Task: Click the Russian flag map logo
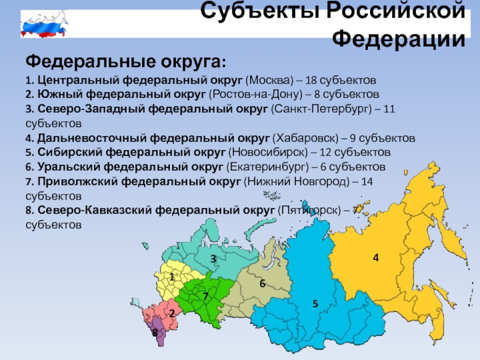point(44,24)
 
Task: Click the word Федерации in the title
point(398,39)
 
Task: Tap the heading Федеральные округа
point(126,62)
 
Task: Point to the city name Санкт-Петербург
point(321,109)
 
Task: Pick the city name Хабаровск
point(305,139)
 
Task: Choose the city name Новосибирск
point(268,152)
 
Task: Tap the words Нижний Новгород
point(296,182)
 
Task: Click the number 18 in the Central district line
point(311,80)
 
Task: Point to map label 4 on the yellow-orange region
point(376,258)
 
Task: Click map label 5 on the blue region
point(316,304)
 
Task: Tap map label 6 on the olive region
point(262,283)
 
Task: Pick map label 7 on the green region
point(205,296)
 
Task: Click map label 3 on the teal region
point(213,259)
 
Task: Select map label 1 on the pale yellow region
point(172,277)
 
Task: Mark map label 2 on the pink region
point(172,313)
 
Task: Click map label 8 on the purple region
point(155,332)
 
